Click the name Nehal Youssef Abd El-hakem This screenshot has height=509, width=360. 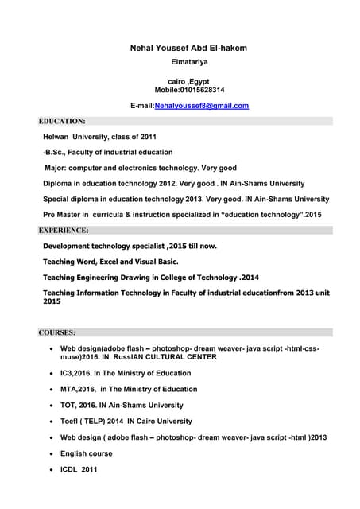click(188, 49)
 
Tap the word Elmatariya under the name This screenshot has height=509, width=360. click(188, 61)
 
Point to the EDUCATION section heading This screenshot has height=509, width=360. click(62, 121)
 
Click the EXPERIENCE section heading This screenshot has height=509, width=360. click(64, 231)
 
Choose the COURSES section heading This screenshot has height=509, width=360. click(57, 332)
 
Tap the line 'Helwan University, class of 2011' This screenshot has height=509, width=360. click(105, 137)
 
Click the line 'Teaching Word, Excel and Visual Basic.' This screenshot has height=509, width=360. click(110, 262)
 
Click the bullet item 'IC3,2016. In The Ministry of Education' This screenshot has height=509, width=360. click(126, 373)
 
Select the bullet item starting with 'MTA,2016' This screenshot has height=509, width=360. click(129, 390)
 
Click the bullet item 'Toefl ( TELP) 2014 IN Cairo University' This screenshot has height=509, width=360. click(126, 422)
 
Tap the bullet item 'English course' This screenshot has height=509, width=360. click(87, 453)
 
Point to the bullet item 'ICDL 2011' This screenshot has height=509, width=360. click(79, 469)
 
